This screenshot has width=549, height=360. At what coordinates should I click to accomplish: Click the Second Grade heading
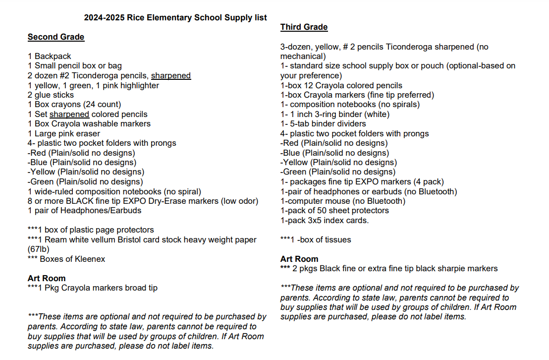(x=56, y=37)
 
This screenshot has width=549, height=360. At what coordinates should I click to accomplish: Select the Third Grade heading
(x=304, y=27)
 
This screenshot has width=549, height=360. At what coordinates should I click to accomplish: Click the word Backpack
(x=53, y=56)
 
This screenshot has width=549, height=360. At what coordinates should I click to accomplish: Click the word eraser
(x=89, y=133)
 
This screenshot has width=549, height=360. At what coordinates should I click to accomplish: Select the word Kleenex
(x=89, y=259)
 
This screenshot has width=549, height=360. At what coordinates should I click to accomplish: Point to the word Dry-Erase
(x=167, y=201)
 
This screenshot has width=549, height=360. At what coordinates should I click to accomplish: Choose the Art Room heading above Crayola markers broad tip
(x=47, y=278)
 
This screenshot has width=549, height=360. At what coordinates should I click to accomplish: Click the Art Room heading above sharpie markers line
(x=299, y=259)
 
